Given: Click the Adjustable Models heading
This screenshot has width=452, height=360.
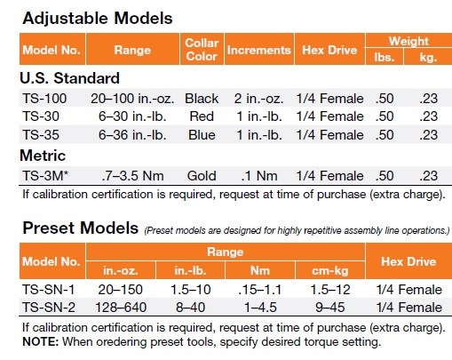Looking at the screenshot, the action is click(98, 19).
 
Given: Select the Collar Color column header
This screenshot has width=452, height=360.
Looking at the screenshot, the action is click(202, 50).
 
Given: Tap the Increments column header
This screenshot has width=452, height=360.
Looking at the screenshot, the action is click(259, 50).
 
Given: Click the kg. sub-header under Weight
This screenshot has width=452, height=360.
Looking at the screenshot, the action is click(428, 57).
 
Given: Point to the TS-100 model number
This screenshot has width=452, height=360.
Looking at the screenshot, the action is click(44, 99).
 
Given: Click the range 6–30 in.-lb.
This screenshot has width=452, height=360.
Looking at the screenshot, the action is click(132, 116).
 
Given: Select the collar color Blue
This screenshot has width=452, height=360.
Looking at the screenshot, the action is click(202, 135).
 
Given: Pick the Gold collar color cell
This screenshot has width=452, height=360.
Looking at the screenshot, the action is click(202, 176).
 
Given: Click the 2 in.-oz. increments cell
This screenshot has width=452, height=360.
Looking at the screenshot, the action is click(258, 99).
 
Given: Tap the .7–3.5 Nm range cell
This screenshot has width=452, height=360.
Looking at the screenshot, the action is click(132, 176).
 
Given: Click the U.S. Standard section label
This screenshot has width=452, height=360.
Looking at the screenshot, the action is click(69, 78).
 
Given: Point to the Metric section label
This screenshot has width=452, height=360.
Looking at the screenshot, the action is click(43, 156).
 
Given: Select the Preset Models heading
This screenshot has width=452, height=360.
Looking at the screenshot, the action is click(81, 228).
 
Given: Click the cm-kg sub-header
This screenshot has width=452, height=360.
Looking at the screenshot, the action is click(330, 270).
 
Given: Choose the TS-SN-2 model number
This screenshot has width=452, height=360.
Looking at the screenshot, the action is click(49, 308).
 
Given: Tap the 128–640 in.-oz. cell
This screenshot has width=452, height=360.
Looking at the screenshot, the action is click(121, 308).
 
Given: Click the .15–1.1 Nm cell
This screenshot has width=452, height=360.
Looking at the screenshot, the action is click(260, 290).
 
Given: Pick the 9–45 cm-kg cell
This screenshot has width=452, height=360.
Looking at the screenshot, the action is click(330, 308).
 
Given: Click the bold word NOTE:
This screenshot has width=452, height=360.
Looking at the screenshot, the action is click(41, 341).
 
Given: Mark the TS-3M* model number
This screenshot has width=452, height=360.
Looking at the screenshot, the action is click(45, 176).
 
